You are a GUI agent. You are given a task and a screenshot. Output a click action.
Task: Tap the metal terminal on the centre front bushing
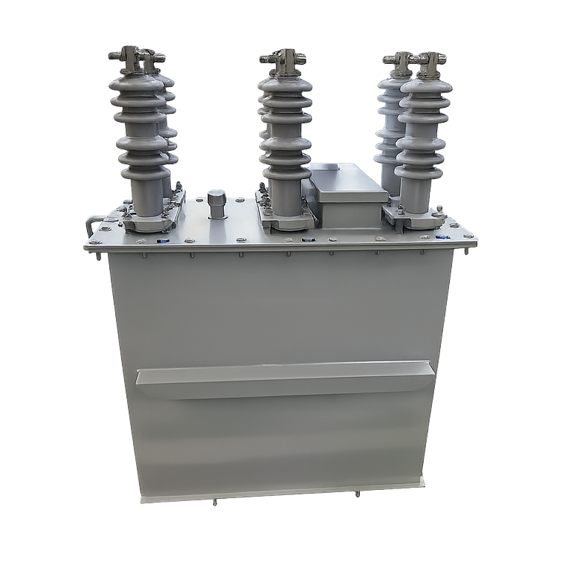(283, 58)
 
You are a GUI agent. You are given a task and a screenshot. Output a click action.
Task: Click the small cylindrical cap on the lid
(216, 201)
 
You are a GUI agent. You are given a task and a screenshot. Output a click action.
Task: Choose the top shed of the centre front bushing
(284, 84)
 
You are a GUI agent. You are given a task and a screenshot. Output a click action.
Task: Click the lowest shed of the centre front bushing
(285, 172)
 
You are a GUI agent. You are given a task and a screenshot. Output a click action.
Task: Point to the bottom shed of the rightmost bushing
(420, 172)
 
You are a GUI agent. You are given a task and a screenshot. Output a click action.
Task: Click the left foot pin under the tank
(215, 503)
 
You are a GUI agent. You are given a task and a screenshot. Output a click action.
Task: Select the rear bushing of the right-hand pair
(392, 112)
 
